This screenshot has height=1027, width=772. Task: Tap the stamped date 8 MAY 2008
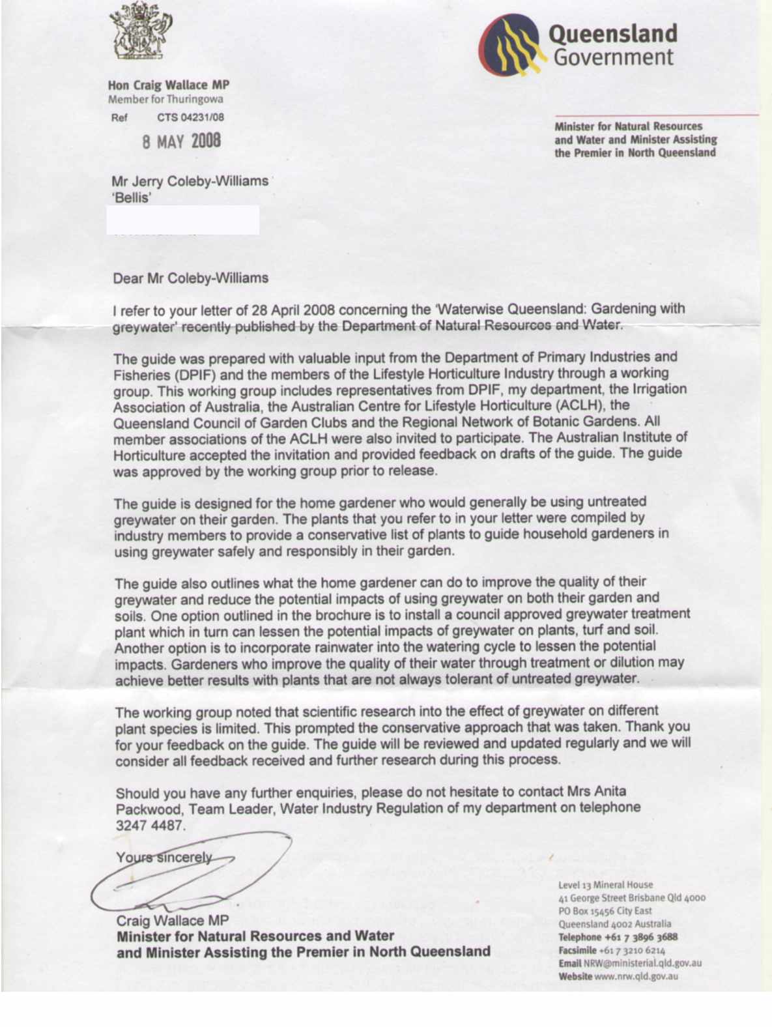coord(182,141)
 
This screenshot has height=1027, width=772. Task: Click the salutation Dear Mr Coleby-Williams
coord(190,278)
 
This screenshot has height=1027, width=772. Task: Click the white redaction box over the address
coord(182,220)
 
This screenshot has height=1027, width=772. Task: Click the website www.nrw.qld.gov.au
coord(636,976)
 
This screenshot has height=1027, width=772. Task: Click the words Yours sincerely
coord(164,858)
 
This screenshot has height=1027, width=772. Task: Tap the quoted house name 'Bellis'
coord(131,197)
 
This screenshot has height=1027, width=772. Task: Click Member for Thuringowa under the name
coord(165,99)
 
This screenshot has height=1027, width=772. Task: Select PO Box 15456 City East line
coord(605,911)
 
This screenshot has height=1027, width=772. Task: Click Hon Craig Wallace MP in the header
coord(168,85)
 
